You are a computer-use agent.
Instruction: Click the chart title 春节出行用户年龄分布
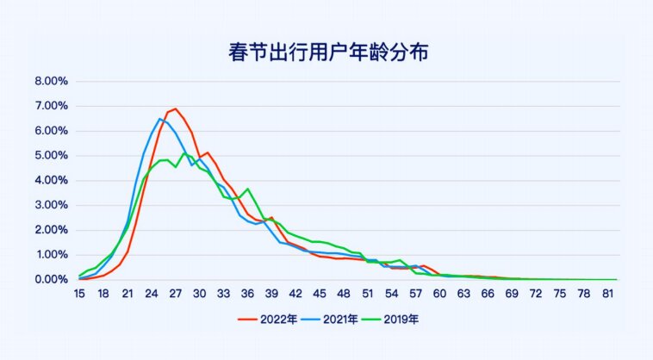point(326,53)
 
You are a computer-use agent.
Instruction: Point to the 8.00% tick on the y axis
point(51,82)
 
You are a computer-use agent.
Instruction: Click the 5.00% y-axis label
point(51,156)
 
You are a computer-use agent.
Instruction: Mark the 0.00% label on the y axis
point(51,280)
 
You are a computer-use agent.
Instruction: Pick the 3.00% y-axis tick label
point(51,206)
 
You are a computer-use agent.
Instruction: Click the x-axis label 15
point(79,294)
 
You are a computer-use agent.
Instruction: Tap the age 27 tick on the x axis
point(176,294)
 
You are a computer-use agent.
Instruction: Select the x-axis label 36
point(247,294)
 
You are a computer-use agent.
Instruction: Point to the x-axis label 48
point(344,294)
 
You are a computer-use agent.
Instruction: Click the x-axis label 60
point(439,294)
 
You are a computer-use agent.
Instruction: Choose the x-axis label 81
point(608,294)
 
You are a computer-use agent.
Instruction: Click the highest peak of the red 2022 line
point(176,109)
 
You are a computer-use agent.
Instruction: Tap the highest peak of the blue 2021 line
point(160,119)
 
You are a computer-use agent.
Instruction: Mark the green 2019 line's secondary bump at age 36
point(247,189)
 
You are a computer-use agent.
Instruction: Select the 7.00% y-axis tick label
point(51,106)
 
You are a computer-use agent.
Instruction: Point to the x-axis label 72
point(536,294)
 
